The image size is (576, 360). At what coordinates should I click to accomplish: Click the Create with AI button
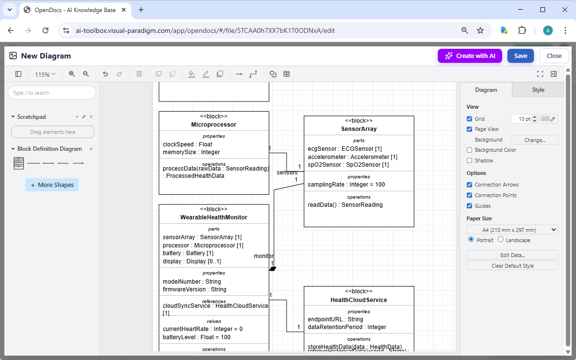[x=470, y=56]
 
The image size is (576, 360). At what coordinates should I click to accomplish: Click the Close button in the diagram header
[x=554, y=56]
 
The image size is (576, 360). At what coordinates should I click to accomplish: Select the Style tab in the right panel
[x=538, y=90]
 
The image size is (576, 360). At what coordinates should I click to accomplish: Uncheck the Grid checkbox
[x=470, y=119]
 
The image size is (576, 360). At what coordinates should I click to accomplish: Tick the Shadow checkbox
[x=470, y=160]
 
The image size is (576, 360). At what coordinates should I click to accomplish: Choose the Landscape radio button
[x=501, y=240]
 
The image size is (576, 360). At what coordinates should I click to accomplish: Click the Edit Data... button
[x=512, y=255]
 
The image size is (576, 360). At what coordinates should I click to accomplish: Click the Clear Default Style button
[x=512, y=266]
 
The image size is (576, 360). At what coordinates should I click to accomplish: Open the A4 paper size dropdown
[x=512, y=230]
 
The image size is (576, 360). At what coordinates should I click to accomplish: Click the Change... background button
[x=534, y=140]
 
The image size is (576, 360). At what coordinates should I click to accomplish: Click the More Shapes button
[x=52, y=185]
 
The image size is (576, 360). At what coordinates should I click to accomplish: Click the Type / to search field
[x=52, y=93]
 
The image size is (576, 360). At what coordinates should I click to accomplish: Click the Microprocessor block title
[x=214, y=125]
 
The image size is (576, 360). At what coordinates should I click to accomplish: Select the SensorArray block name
[x=359, y=129]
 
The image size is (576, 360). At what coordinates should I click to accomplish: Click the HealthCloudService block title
[x=359, y=300]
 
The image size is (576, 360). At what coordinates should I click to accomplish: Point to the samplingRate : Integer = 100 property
[x=346, y=185]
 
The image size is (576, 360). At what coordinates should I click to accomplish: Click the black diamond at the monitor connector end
[x=273, y=269]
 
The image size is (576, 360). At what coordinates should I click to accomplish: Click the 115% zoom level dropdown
[x=45, y=74]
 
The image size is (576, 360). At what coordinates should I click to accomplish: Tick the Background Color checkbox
[x=470, y=150]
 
